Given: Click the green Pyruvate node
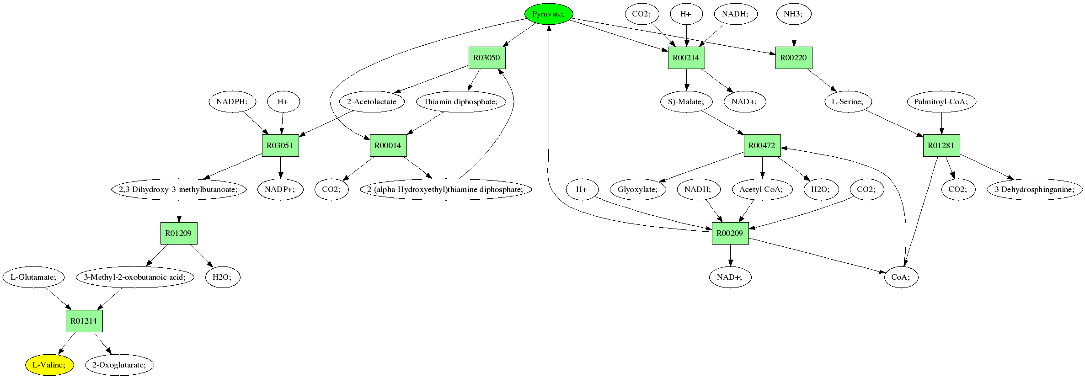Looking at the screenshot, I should (x=548, y=14).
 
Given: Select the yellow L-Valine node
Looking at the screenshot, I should (x=49, y=365).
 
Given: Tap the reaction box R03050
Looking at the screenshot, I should (x=487, y=58).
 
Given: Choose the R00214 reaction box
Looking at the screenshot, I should (x=686, y=58).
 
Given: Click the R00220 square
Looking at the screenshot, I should (x=793, y=58).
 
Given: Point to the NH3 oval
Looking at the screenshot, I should (x=793, y=14).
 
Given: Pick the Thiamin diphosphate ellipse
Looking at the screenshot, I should (x=461, y=101).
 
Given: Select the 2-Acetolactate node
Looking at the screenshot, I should (x=372, y=101).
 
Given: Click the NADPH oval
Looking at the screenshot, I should (x=232, y=101).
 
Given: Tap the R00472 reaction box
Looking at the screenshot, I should (x=762, y=145).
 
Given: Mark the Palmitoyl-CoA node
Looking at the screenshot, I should (x=941, y=101).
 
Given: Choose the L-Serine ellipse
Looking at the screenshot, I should (x=848, y=101).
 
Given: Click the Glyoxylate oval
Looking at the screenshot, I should (x=638, y=189).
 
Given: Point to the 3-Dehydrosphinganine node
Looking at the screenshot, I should (x=1035, y=189).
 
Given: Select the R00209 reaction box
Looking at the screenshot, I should (x=730, y=233).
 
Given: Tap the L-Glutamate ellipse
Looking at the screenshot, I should (x=34, y=277).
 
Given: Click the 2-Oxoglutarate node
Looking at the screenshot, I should (x=119, y=365).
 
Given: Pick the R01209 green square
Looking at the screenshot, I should (x=178, y=233).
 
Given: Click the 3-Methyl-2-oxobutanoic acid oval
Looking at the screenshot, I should (x=135, y=277).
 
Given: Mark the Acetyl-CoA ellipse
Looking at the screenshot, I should (x=761, y=189).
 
